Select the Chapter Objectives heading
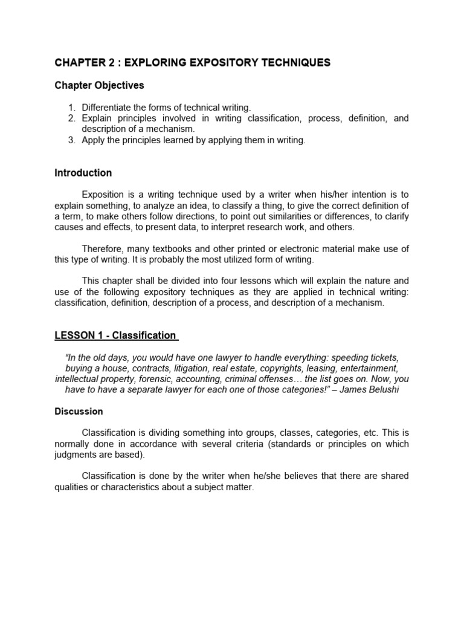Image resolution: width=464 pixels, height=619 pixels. coord(100,85)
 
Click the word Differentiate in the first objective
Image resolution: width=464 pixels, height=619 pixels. coord(109,108)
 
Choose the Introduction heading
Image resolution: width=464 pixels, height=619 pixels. coord(83,173)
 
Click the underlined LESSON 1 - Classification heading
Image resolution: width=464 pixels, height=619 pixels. coord(115,335)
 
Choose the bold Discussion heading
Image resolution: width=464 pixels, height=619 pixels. coord(79,412)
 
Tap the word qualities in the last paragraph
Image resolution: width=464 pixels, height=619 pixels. coord(70,487)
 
